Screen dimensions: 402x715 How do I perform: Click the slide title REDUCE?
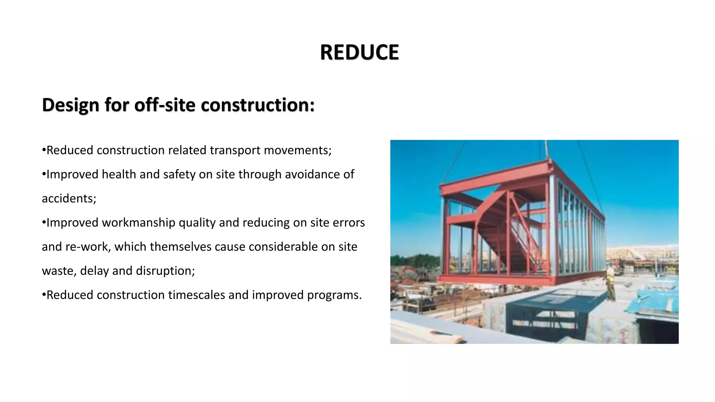(x=359, y=52)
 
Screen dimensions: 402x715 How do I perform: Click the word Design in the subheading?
(x=70, y=105)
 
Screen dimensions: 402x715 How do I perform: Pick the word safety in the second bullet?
(x=179, y=174)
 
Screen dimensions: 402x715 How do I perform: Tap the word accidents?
(x=69, y=198)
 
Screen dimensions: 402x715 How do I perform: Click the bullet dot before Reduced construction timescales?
(x=44, y=295)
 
